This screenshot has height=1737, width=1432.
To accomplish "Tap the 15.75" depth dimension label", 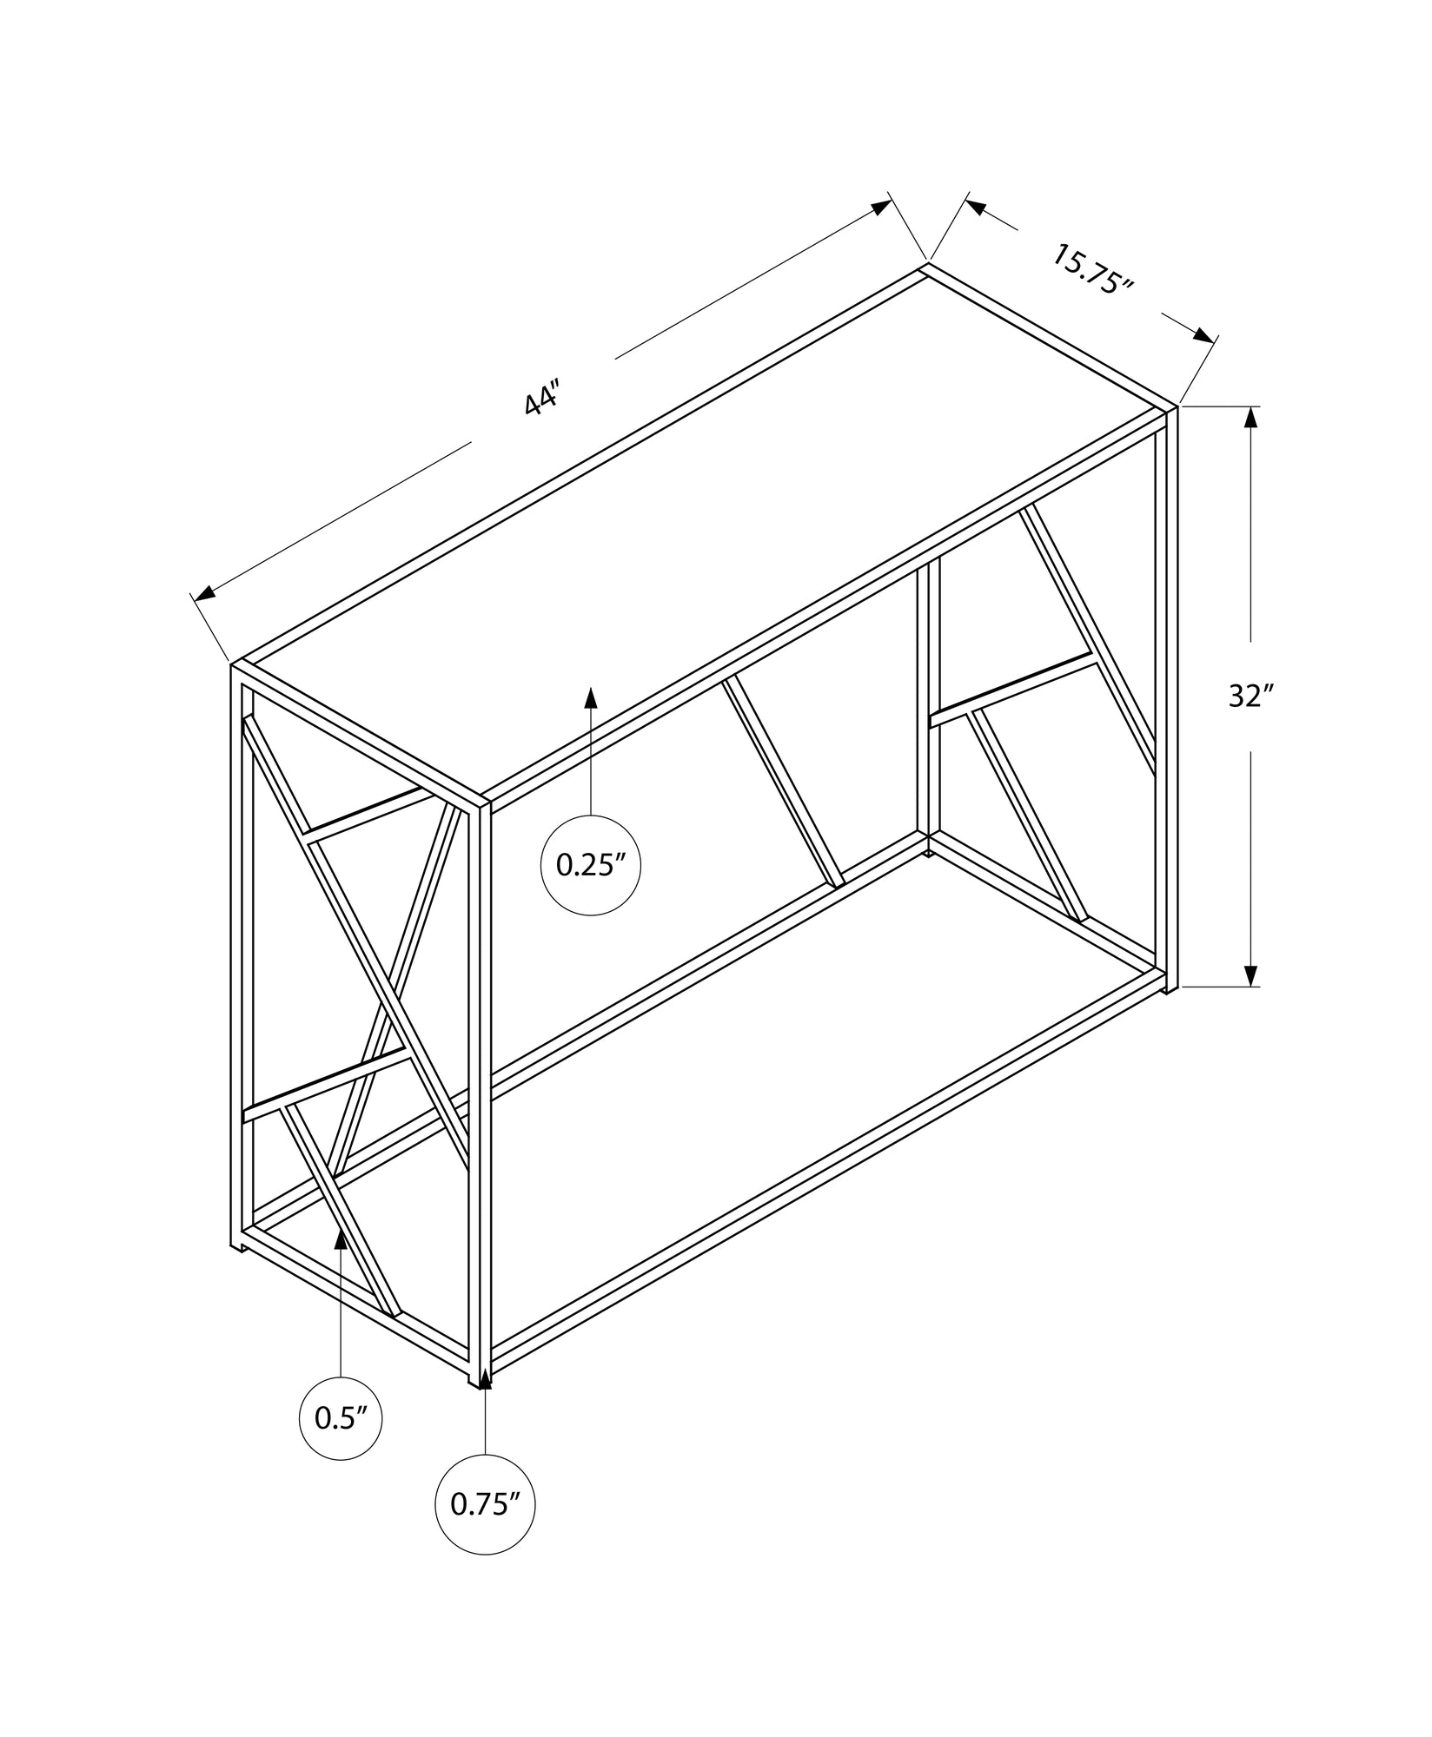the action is [1093, 271].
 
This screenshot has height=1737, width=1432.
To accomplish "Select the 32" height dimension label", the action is [1250, 696].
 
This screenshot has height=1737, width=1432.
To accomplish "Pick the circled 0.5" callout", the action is [341, 1418].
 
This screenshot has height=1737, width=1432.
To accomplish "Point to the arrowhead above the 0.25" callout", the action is [591, 699].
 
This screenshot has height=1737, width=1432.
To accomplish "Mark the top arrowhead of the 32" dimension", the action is [1250, 419].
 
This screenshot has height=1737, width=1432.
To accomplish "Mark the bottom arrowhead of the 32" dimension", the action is [1250, 974].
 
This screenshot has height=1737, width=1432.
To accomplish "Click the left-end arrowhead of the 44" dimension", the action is [204, 592].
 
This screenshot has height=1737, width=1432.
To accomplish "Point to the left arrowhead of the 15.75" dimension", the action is [977, 208].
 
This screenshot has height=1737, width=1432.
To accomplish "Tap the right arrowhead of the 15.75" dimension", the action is [1203, 336].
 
